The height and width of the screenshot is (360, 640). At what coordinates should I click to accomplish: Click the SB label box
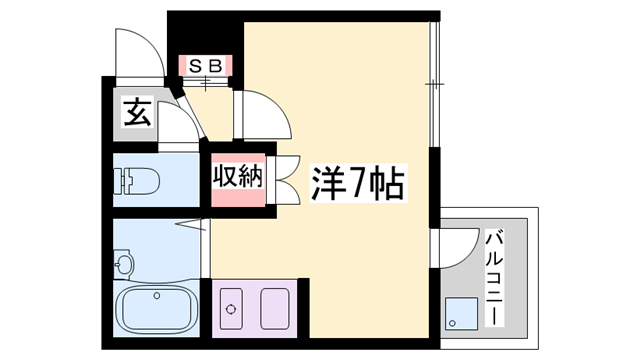(x=205, y=66)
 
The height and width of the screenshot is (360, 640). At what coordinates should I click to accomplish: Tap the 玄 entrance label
(x=136, y=112)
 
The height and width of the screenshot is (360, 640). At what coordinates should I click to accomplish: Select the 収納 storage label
(x=238, y=177)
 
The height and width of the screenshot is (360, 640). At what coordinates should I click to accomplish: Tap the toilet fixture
(x=136, y=181)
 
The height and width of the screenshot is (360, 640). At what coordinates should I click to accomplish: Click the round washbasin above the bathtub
(x=125, y=265)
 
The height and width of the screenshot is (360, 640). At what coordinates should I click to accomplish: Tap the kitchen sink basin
(x=274, y=309)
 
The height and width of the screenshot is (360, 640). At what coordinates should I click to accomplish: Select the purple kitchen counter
(x=254, y=309)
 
